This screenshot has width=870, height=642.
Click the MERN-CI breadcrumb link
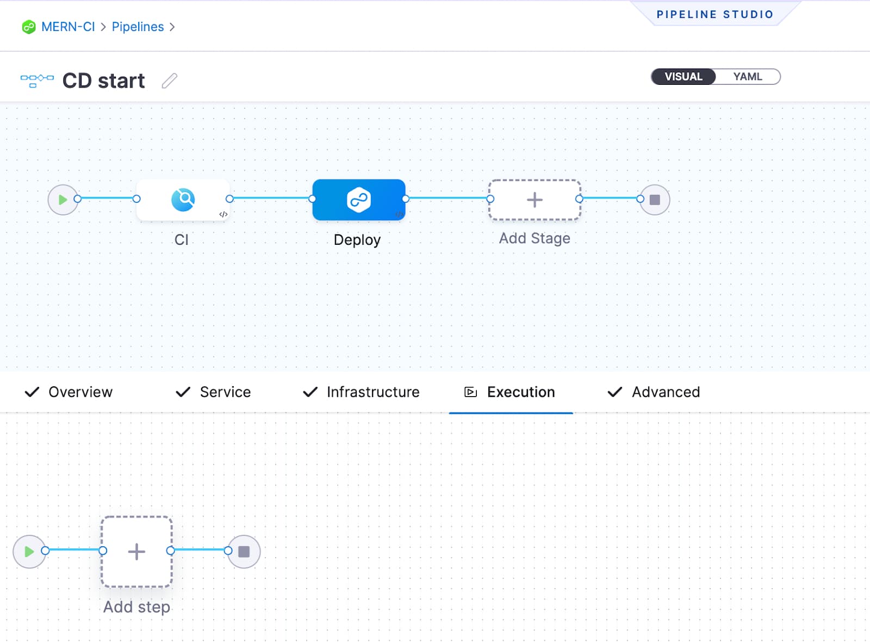point(67,27)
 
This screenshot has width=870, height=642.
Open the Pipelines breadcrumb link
point(138,27)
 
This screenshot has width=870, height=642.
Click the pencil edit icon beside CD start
point(170,81)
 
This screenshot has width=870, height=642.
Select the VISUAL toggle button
point(683,77)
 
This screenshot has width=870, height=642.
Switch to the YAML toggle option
point(747,77)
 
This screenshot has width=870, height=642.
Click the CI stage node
point(183,200)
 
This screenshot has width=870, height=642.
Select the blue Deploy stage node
point(358,200)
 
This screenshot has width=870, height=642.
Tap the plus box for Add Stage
point(535,200)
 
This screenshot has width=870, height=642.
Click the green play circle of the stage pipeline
point(63,200)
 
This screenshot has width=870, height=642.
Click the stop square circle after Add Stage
point(655,200)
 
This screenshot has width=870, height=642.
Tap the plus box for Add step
point(136,552)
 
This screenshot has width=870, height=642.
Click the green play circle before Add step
point(29,552)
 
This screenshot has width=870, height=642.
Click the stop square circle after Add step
point(244,552)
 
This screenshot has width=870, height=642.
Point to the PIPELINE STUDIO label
point(714,15)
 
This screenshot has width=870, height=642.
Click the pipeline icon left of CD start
point(37,81)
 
